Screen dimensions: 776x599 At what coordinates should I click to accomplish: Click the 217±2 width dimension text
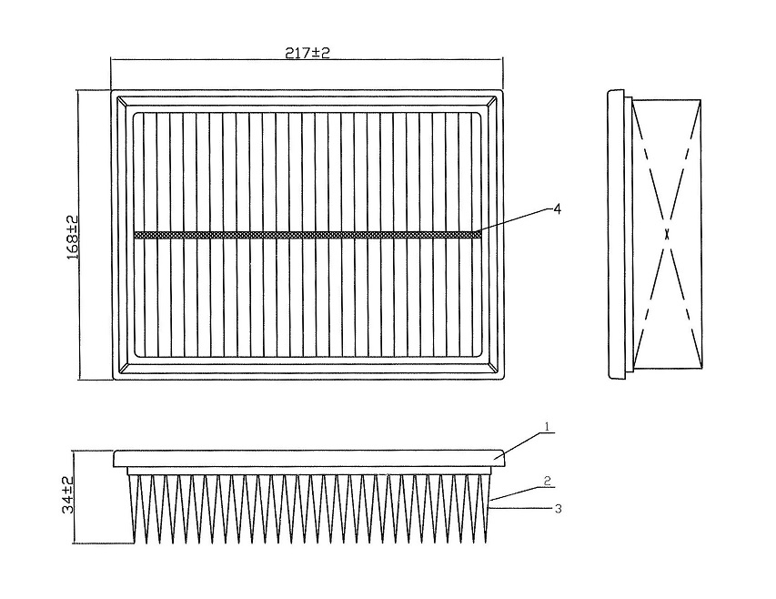307,53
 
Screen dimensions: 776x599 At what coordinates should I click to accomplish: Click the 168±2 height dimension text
73,237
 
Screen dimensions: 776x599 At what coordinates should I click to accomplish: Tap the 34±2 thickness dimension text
68,494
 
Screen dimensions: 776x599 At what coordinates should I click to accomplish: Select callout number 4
558,209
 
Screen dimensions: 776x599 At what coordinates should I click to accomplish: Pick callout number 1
548,426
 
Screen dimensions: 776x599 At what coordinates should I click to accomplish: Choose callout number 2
548,480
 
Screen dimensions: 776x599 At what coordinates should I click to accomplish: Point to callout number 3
559,508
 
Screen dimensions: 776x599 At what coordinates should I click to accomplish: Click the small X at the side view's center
667,235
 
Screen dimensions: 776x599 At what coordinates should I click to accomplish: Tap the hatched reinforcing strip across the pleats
307,235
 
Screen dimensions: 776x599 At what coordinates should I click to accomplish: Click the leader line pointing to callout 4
512,220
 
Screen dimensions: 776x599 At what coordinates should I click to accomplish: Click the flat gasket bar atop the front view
309,459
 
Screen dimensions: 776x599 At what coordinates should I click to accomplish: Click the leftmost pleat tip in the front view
136,543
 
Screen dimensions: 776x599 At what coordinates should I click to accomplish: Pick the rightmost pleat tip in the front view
485,543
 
